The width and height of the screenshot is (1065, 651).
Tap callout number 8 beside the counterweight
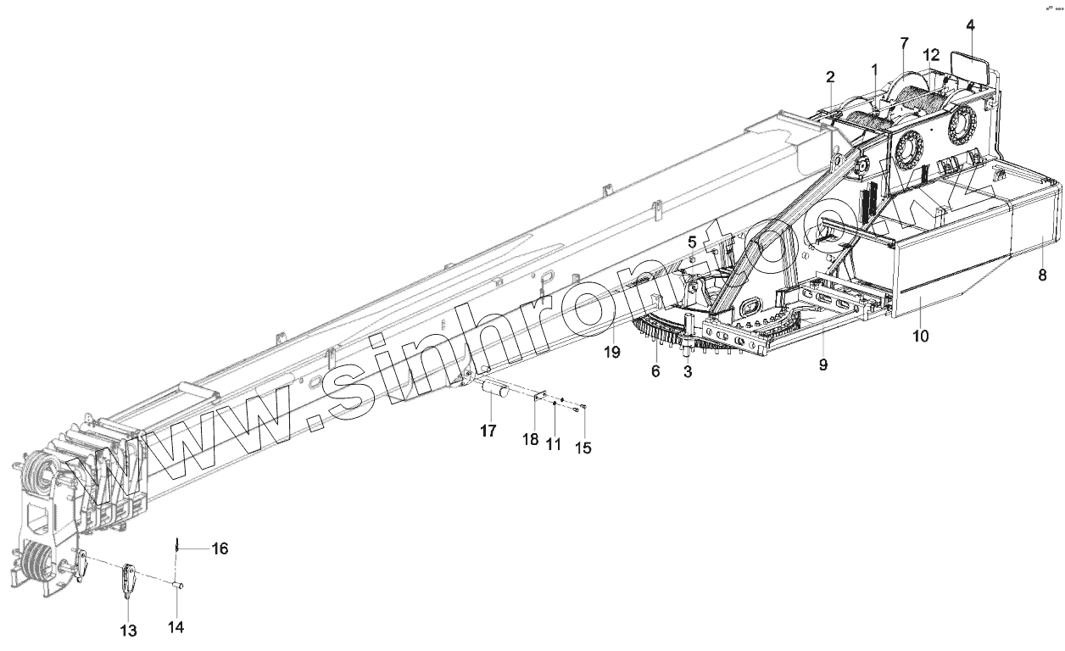[1042, 275]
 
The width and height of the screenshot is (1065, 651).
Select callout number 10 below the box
[920, 336]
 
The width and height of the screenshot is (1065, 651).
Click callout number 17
[488, 431]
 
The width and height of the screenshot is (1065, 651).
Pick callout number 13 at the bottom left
[128, 630]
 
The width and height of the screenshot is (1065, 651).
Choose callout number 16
[220, 549]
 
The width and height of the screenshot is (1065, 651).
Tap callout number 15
[583, 447]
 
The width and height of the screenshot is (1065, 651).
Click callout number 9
[822, 364]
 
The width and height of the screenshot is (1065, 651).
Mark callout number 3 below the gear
[688, 370]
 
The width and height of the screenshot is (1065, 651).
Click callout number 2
[831, 78]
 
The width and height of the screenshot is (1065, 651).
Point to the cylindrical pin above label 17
[494, 390]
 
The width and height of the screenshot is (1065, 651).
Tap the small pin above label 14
[179, 584]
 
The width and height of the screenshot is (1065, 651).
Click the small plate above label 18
[538, 397]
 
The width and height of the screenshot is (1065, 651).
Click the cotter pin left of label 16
[177, 545]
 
